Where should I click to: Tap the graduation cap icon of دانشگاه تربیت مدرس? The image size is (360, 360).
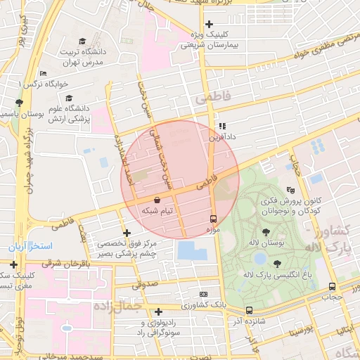(x=82, y=41)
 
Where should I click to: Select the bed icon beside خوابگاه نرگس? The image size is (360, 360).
(x=44, y=73)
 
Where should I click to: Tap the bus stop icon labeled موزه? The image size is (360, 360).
(x=214, y=219)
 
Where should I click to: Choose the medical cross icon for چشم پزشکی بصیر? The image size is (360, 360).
(x=127, y=233)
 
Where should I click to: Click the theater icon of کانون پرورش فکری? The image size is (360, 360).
(x=290, y=190)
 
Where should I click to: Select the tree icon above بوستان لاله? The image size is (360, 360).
(x=266, y=232)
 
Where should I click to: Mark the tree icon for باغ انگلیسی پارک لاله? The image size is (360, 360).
(x=277, y=264)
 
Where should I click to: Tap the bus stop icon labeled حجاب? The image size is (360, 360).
(x=332, y=286)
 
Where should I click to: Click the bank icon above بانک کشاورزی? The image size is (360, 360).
(x=204, y=294)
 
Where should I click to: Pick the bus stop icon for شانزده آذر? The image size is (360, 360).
(x=249, y=310)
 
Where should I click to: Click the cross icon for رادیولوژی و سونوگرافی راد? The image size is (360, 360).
(x=159, y=311)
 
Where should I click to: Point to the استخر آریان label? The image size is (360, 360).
(x=30, y=247)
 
